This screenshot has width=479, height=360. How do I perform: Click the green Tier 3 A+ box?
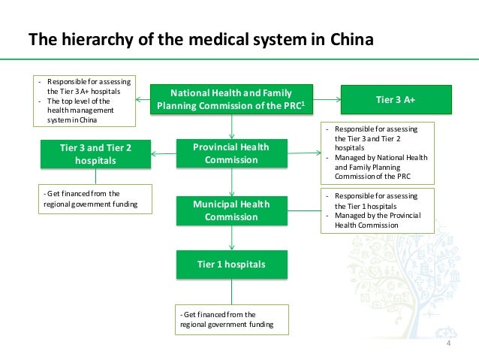coord(396,99)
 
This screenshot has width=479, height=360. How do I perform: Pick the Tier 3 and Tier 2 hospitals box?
coord(95,154)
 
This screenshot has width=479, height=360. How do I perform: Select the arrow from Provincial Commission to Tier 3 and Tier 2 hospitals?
coord(163,154)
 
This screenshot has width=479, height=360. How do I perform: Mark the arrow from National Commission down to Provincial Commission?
coord(232,126)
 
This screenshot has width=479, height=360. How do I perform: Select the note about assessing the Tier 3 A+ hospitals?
coord(84,100)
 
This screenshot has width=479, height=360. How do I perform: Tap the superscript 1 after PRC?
coord(302,103)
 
